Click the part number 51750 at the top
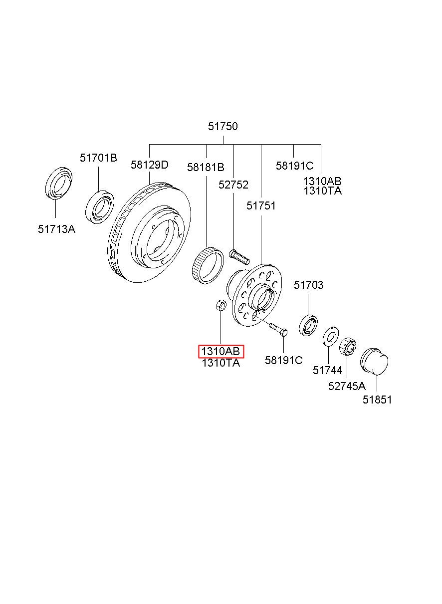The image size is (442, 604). click(223, 126)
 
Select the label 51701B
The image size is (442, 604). click(98, 158)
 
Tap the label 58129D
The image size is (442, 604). click(149, 165)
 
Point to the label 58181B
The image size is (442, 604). click(206, 167)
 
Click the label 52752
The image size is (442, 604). click(233, 185)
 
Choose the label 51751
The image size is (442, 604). click(261, 205)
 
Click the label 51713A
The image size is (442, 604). click(57, 229)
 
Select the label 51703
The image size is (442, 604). click(308, 285)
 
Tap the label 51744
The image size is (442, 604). click(327, 370)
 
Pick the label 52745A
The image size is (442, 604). click(347, 387)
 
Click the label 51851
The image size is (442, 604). click(377, 400)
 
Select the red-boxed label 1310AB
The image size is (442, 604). click(221, 352)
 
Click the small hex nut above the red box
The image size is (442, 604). click(221, 305)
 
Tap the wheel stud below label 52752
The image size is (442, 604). click(239, 257)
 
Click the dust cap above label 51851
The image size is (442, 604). click(374, 361)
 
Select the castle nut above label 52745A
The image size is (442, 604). click(348, 347)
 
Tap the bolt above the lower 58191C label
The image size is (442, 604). click(278, 330)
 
